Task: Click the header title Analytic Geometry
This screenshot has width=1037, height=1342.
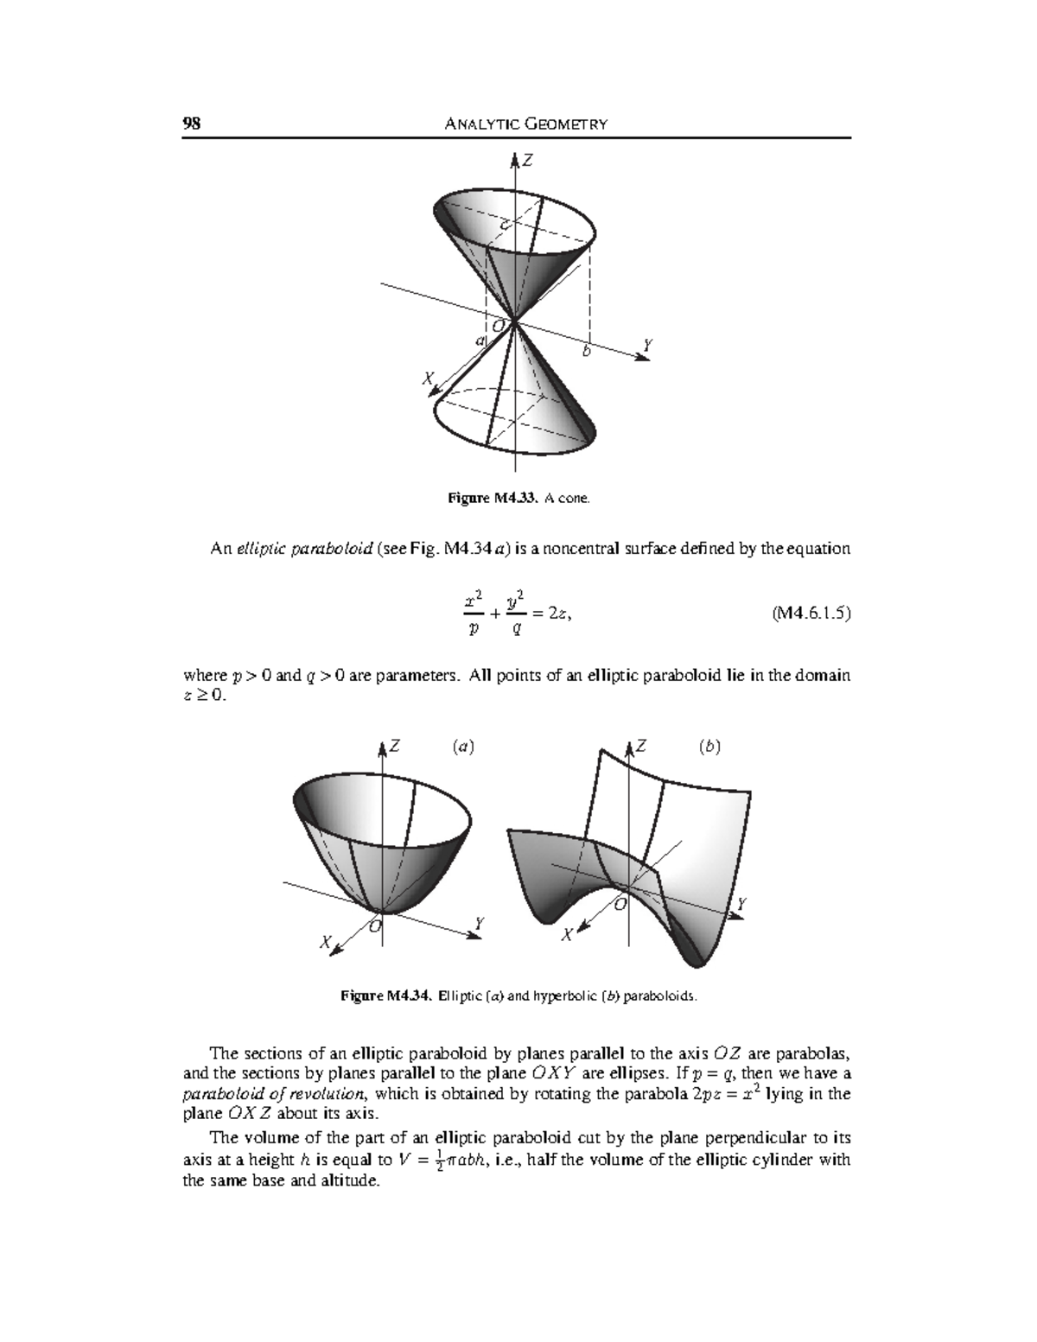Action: pos(525,124)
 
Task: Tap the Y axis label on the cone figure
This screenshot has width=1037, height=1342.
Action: pos(647,346)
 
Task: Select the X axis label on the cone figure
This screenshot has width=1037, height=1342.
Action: pos(425,378)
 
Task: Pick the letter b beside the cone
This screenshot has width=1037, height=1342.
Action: pos(587,352)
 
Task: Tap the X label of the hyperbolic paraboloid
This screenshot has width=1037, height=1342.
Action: pos(566,935)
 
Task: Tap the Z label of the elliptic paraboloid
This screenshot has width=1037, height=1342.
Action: pos(394,747)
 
